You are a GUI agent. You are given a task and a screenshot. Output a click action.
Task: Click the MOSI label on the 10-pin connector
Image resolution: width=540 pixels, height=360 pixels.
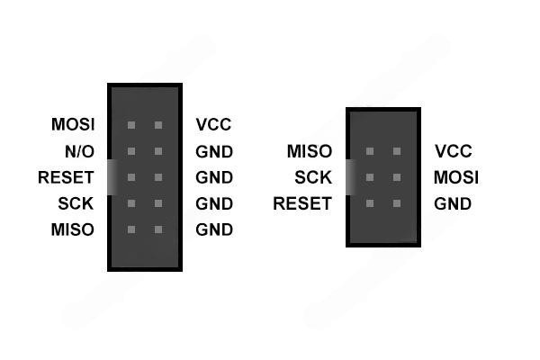[73, 125]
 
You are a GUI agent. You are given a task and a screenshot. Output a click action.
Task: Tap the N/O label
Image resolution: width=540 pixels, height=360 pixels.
[79, 151]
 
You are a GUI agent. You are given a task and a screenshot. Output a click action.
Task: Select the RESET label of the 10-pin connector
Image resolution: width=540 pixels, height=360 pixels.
[66, 177]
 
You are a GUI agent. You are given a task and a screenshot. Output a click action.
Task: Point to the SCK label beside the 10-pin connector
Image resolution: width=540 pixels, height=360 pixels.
[76, 203]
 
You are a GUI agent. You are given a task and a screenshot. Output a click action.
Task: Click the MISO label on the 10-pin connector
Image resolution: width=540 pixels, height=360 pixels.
[73, 229]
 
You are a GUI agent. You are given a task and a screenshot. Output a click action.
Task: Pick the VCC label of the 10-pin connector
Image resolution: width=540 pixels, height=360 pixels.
[213, 125]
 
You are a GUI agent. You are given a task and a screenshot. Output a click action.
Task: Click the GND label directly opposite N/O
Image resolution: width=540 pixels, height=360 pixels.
[214, 151]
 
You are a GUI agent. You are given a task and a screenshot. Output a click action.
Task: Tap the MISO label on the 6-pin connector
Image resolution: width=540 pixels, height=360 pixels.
[309, 151]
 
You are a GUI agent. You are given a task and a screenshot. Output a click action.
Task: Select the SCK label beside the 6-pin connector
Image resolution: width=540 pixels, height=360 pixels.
[312, 177]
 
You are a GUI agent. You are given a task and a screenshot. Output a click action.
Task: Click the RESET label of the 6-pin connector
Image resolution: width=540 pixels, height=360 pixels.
[301, 203]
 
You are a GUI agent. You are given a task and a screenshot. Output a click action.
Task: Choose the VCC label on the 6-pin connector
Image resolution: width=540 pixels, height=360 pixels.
[453, 151]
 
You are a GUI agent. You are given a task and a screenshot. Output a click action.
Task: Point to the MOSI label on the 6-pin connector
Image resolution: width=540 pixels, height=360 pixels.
[455, 177]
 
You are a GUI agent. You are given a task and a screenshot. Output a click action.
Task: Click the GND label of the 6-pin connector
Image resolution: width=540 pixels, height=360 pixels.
[453, 203]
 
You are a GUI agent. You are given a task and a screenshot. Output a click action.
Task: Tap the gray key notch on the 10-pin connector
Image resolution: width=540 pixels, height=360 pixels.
[112, 176]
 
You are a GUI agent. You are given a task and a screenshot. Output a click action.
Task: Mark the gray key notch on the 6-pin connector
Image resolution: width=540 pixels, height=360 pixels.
[350, 176]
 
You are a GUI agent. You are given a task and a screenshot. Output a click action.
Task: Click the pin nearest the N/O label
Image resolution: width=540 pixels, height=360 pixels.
[131, 151]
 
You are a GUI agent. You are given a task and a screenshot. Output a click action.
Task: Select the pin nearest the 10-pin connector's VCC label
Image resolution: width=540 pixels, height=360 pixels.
[158, 125]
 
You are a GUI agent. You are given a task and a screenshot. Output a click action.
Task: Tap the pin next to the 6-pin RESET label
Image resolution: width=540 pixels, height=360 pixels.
[369, 203]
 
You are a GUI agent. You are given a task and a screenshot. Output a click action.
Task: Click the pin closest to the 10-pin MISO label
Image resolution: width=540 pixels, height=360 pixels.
[131, 229]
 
